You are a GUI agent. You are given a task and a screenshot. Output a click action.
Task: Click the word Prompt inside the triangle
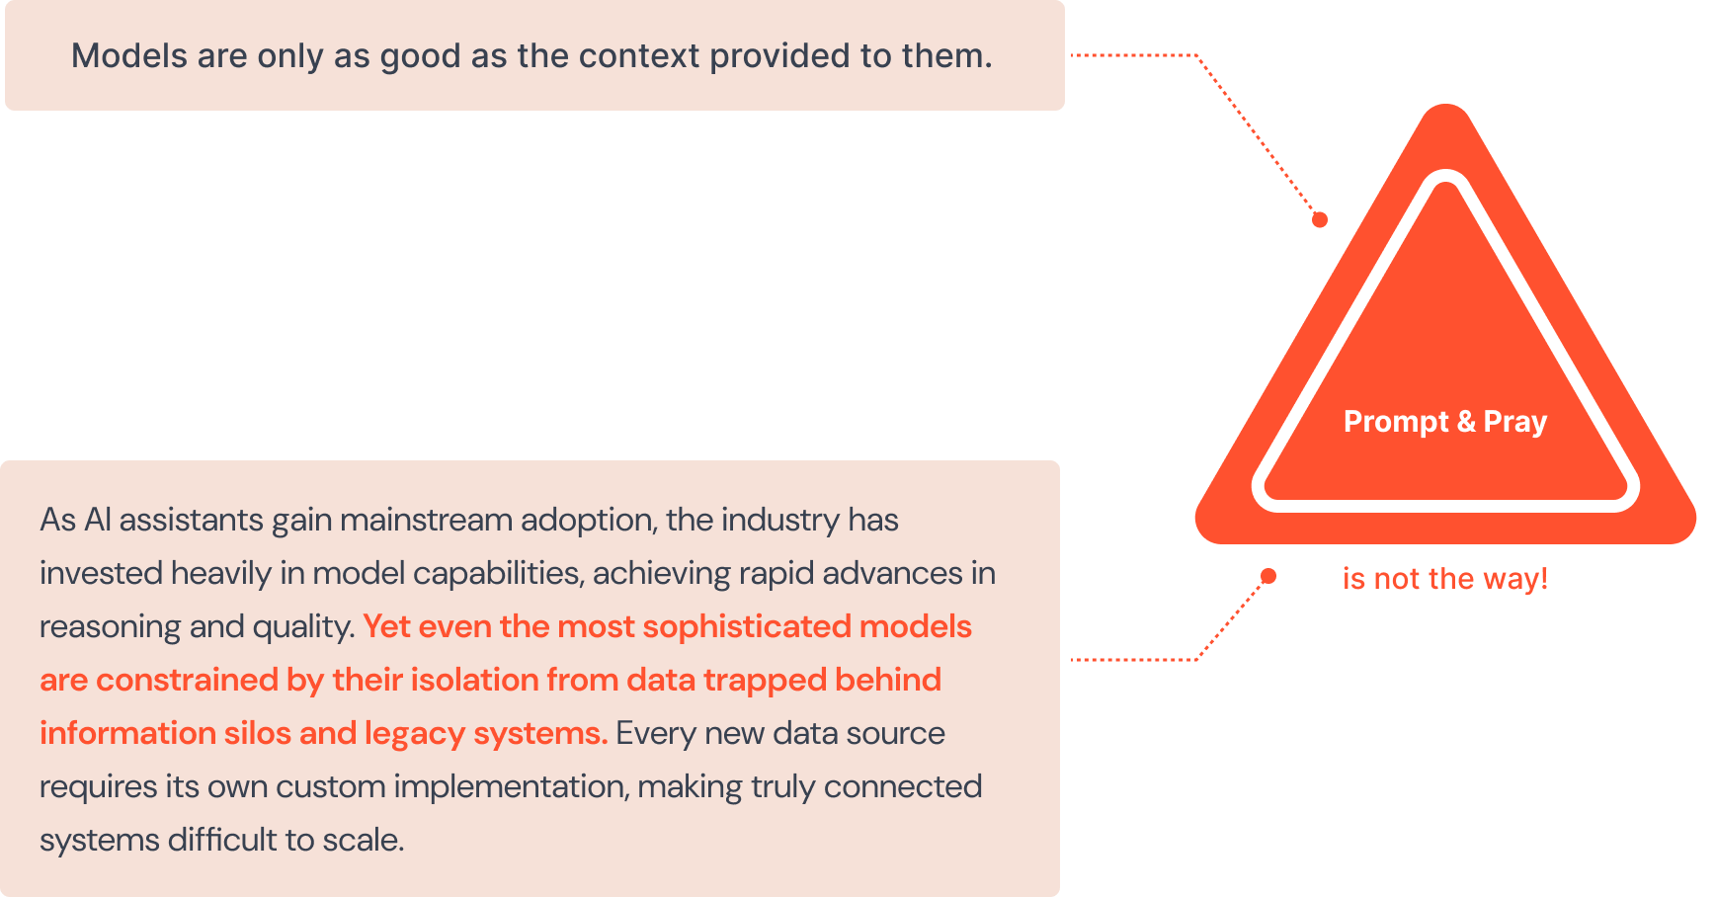tap(1396, 422)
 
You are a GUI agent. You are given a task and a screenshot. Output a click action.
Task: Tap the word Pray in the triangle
tap(1515, 422)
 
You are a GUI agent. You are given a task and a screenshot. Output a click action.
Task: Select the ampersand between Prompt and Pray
tap(1466, 422)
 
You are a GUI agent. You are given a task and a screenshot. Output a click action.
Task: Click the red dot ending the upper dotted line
tap(1320, 220)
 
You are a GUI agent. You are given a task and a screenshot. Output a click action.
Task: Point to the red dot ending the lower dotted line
tap(1268, 576)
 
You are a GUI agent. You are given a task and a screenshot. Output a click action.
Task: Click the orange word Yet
tap(386, 626)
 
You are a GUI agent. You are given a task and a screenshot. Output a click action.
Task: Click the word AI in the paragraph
tap(97, 520)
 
